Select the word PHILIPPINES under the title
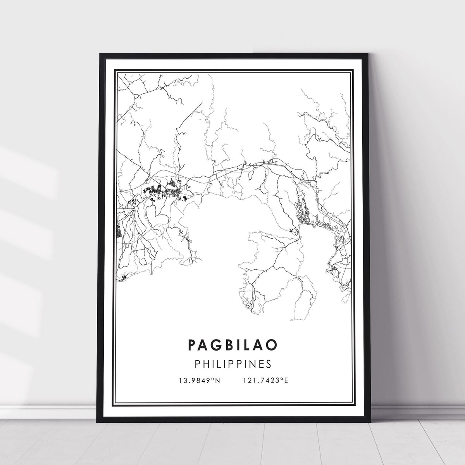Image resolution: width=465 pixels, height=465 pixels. [x=232, y=364]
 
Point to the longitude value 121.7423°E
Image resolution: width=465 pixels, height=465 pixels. [x=266, y=380]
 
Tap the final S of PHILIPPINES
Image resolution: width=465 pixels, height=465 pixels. [x=268, y=364]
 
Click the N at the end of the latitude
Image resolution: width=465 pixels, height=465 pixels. [x=218, y=380]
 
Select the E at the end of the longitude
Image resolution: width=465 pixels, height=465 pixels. [x=286, y=380]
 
